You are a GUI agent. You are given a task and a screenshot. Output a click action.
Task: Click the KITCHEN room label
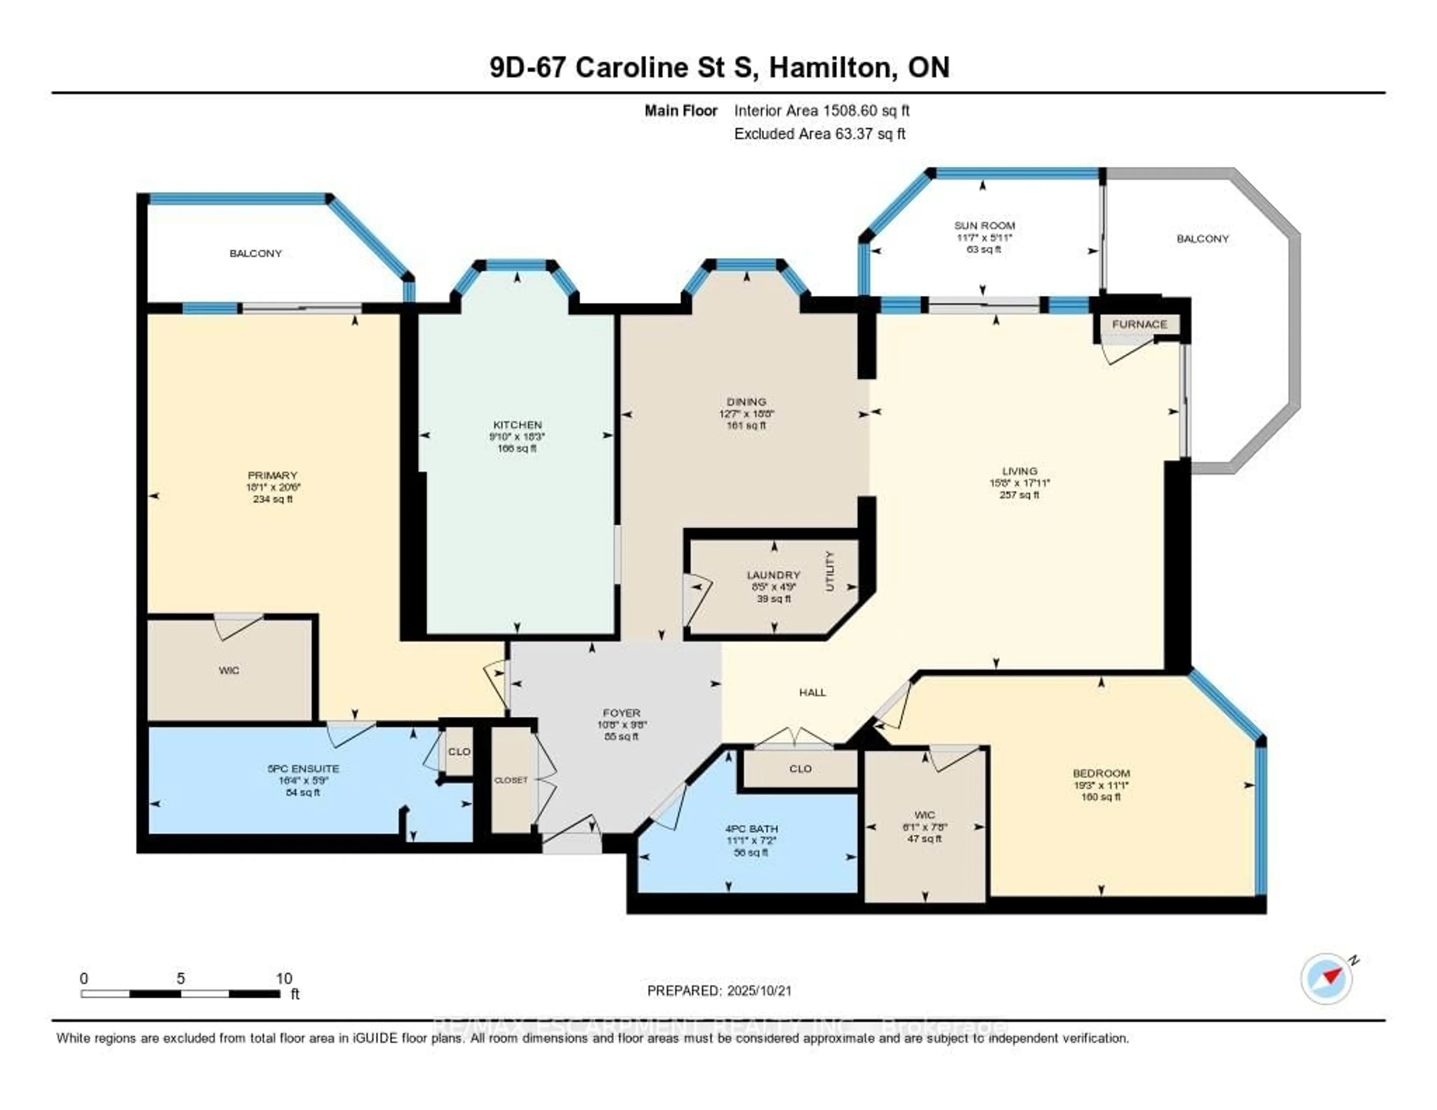tap(517, 424)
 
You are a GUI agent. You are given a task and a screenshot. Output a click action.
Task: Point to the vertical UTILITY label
tap(830, 571)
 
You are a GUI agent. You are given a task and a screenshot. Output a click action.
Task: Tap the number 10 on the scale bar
tap(284, 978)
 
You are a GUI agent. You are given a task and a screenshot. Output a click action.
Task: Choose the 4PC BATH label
tap(751, 829)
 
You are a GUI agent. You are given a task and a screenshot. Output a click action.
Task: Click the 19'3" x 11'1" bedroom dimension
tap(1101, 785)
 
